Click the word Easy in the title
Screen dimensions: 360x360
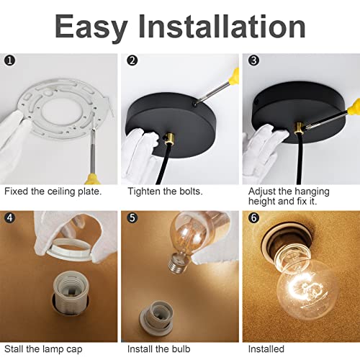point(91,27)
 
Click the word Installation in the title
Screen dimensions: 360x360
point(222,26)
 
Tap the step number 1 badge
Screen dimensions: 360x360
point(10,60)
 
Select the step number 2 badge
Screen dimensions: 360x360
point(132,60)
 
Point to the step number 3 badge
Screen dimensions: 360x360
point(253,60)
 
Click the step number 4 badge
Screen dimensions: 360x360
point(10,217)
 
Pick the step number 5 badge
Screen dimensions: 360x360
point(132,217)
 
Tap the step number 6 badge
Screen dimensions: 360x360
point(253,217)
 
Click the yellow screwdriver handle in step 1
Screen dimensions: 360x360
point(92,179)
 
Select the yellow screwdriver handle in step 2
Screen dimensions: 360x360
point(233,76)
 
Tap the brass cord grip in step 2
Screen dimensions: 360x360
point(169,139)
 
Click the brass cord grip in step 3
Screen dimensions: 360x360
point(299,127)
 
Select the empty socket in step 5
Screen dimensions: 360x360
point(156,315)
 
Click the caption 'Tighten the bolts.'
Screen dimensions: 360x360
point(165,192)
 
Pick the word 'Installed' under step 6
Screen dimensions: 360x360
point(266,349)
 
